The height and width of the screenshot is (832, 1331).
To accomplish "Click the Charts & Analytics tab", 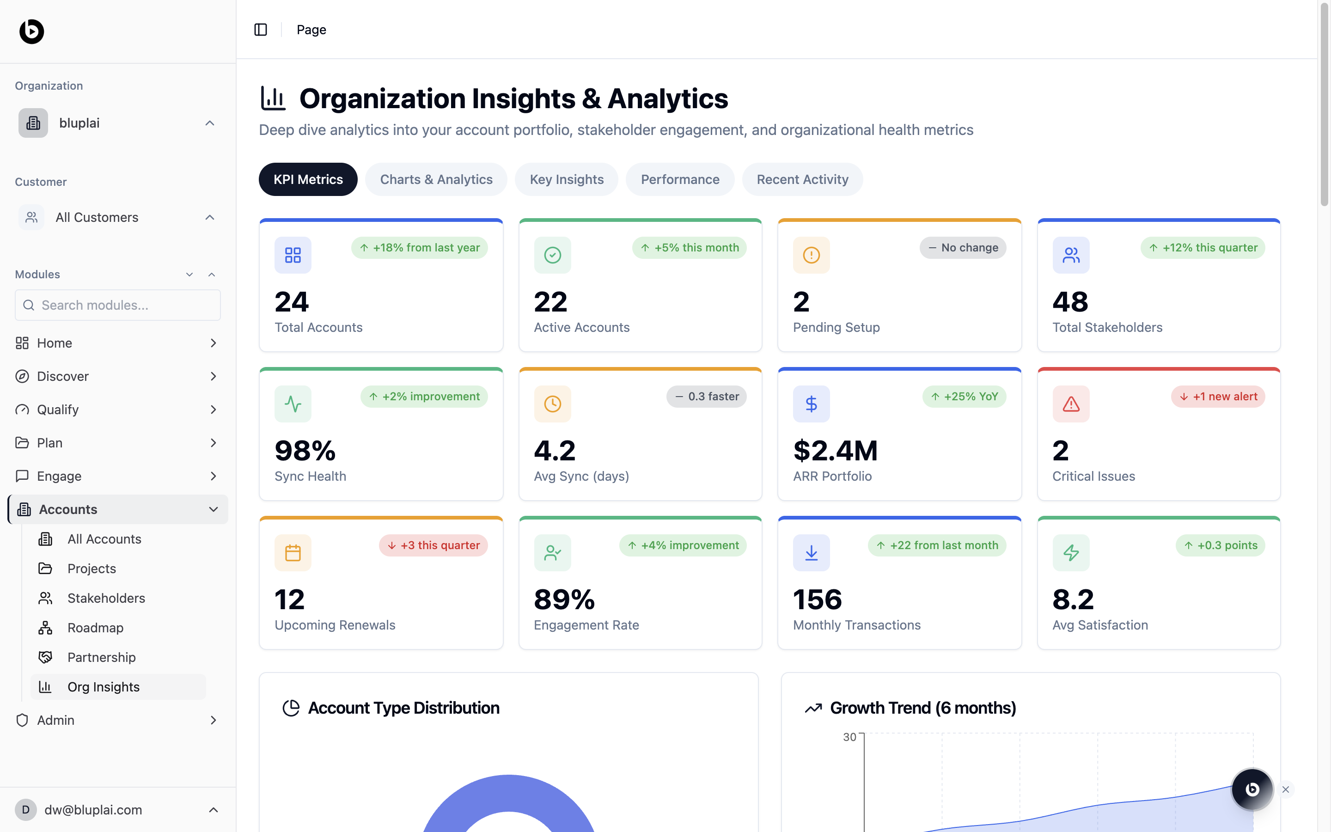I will (x=436, y=179).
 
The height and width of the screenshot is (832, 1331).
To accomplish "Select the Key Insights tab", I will (x=567, y=179).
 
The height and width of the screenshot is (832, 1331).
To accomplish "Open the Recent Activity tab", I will (x=802, y=179).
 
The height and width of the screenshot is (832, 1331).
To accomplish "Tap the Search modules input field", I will (x=118, y=306).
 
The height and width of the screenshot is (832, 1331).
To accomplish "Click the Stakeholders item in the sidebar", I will (x=106, y=598).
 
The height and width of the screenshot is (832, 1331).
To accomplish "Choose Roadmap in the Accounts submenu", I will (x=95, y=628).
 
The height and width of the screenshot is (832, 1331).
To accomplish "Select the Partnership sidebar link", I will (x=101, y=658).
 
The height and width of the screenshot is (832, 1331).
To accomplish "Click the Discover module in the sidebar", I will (x=63, y=376).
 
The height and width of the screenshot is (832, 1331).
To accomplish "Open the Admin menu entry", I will (x=55, y=720).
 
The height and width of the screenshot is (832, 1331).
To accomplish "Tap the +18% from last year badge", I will (x=419, y=248).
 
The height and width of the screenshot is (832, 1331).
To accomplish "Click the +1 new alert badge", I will (x=1218, y=397).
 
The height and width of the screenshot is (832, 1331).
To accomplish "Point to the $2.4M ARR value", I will (x=835, y=451).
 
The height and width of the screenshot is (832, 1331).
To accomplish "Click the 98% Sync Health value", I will (x=305, y=451).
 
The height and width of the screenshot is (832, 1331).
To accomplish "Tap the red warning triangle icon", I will (x=1071, y=404).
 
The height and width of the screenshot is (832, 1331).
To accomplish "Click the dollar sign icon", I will (x=811, y=404).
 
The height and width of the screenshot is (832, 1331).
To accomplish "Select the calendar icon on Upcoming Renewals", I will (x=293, y=553).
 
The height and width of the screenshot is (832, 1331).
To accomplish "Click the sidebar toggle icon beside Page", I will (x=261, y=30).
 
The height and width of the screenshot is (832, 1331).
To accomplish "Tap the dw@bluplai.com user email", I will (x=93, y=810).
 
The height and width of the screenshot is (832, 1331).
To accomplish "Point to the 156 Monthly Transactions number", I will (x=817, y=600).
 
